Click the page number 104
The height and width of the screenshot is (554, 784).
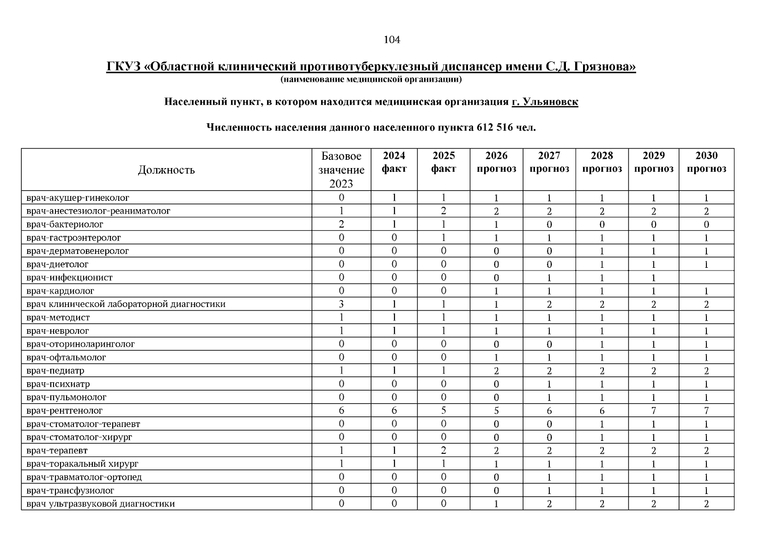(x=392, y=40)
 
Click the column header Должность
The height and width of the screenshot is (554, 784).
(x=166, y=170)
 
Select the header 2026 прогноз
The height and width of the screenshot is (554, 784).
(x=496, y=162)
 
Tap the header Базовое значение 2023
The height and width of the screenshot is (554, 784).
(x=341, y=169)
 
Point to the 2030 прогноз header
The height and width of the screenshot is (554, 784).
(x=706, y=162)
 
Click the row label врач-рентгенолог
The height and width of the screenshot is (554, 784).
(x=65, y=410)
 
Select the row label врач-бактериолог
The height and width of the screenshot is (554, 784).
(x=65, y=224)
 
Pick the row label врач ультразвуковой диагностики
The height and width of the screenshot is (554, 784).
(x=101, y=504)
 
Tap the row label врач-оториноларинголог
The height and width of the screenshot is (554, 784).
(x=81, y=344)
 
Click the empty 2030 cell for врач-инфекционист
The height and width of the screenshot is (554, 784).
(x=706, y=277)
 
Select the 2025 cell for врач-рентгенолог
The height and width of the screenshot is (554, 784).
(x=444, y=410)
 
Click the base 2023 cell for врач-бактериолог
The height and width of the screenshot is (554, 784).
(x=341, y=224)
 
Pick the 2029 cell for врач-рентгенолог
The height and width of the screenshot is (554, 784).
(x=653, y=410)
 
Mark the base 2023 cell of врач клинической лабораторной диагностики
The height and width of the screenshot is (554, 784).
(x=341, y=304)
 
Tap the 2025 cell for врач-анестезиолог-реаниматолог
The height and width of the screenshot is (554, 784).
(x=444, y=211)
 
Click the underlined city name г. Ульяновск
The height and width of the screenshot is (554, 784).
(x=545, y=102)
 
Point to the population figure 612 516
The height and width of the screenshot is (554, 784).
(x=494, y=127)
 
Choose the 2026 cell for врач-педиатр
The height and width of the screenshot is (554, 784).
(x=496, y=371)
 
